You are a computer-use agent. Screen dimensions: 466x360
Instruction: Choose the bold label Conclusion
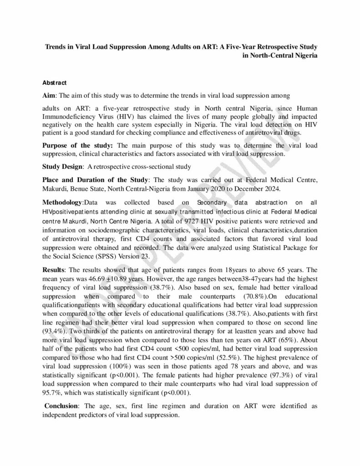point(61,405)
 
